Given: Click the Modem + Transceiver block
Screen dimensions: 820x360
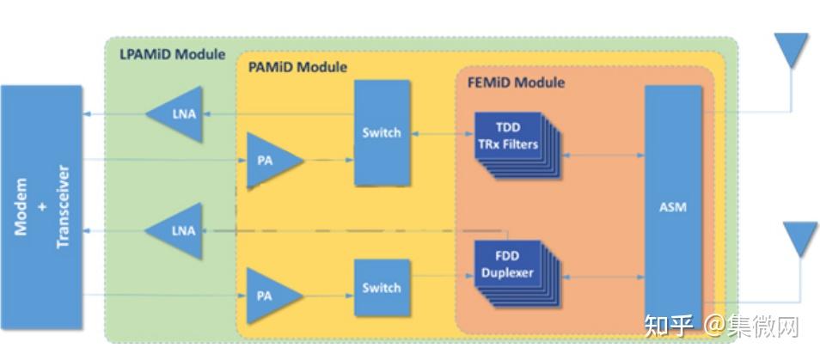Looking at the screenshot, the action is [x=41, y=207].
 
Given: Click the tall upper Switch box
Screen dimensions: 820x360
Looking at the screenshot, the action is [x=382, y=132].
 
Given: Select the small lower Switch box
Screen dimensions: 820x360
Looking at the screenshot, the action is [x=382, y=287].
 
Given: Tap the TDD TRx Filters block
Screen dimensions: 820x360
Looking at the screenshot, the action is [x=517, y=145].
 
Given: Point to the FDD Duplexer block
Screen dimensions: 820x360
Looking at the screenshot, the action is [x=517, y=272].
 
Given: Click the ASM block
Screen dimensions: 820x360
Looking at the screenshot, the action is [x=672, y=207].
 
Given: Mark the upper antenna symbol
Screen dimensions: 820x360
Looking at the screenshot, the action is [x=791, y=51].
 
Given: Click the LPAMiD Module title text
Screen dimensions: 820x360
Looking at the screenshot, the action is [x=173, y=54].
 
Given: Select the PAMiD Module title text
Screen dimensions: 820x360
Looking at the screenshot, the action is [x=297, y=67].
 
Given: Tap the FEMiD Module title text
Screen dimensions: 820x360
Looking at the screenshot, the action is [x=516, y=82].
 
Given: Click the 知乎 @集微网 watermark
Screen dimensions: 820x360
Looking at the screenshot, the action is [x=721, y=326].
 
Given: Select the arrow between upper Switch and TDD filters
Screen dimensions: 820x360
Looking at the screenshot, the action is [x=443, y=134].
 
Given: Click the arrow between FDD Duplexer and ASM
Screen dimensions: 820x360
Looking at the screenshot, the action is [x=603, y=278].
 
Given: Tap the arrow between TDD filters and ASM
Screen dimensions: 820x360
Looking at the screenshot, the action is [x=603, y=155].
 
